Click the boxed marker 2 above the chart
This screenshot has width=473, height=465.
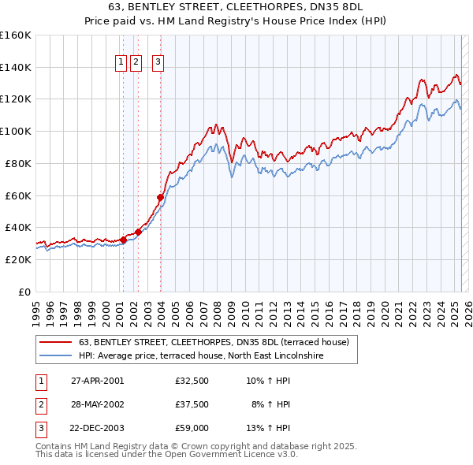pos(136,63)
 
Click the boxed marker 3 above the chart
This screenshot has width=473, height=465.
pos(158,63)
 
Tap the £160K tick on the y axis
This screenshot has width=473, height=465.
pos(16,35)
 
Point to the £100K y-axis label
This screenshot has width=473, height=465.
pos(16,131)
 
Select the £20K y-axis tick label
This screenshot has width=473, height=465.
pos(18,259)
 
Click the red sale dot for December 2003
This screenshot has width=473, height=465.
pos(160,197)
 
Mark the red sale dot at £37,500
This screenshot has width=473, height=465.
pos(138,232)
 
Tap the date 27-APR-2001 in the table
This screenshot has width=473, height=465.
pos(97,381)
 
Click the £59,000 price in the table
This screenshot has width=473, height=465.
pos(192,430)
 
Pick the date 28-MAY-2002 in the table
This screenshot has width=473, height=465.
pos(97,405)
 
